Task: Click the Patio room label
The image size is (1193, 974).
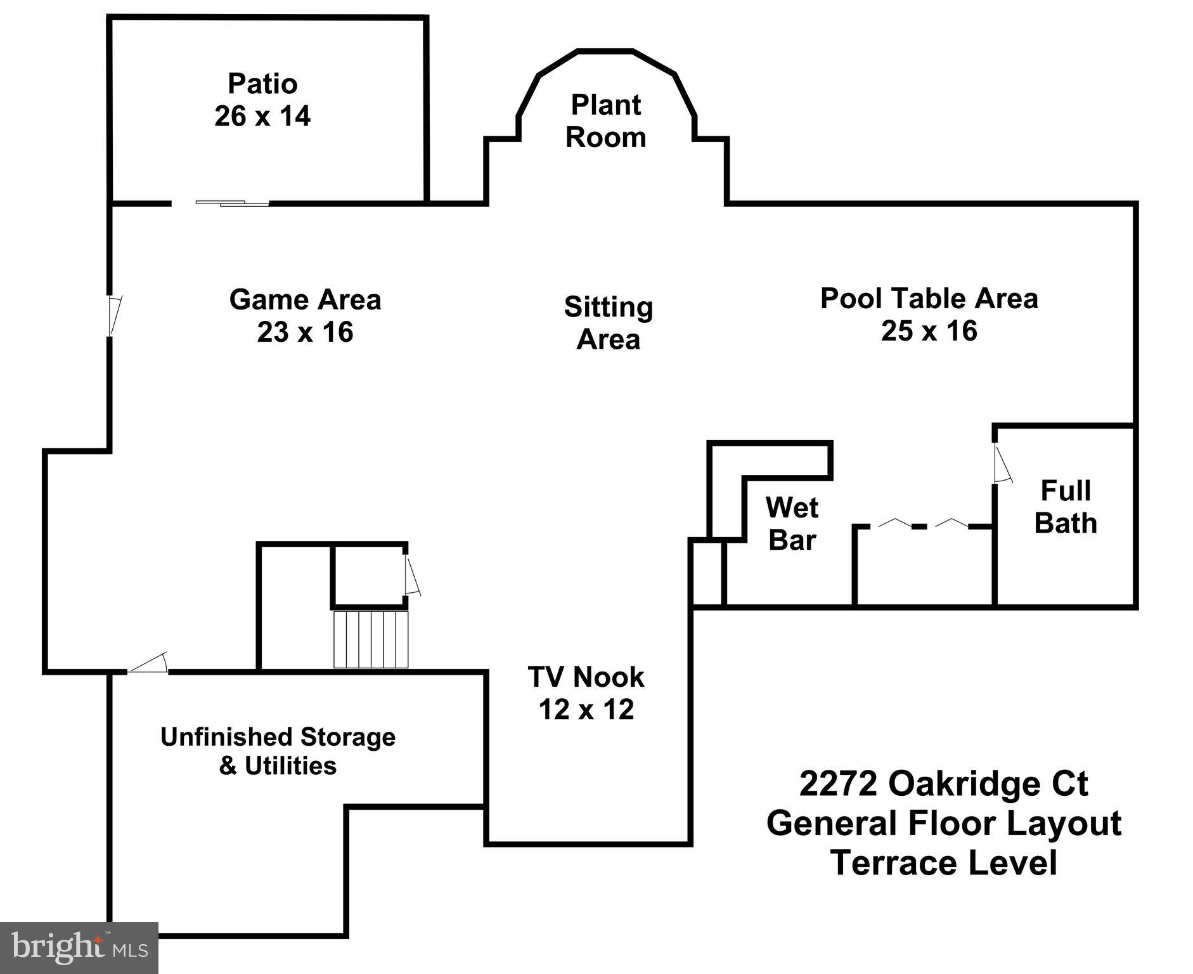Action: (262, 84)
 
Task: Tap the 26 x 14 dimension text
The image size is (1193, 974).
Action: (262, 116)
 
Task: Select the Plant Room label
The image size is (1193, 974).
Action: (606, 121)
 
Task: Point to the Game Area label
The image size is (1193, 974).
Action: (305, 299)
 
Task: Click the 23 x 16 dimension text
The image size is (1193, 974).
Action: (305, 332)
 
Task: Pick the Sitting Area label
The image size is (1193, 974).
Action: (609, 323)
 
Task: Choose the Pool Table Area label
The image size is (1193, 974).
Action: (929, 298)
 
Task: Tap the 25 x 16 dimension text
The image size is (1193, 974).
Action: (929, 330)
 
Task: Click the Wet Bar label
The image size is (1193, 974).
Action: (792, 524)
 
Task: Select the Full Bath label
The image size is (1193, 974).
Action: (1066, 507)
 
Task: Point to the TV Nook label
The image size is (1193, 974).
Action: (586, 677)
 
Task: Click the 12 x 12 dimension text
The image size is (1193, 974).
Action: (586, 709)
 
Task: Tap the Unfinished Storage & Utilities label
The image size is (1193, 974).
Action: (278, 751)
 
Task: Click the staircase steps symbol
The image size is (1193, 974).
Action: (371, 639)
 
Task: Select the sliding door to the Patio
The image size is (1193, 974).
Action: (232, 203)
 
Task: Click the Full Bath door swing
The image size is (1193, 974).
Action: (1002, 464)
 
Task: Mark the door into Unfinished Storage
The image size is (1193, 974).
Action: (148, 663)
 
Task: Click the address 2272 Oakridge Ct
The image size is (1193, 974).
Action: (943, 783)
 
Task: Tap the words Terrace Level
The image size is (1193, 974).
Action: (943, 863)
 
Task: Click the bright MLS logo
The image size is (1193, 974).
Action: (79, 947)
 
